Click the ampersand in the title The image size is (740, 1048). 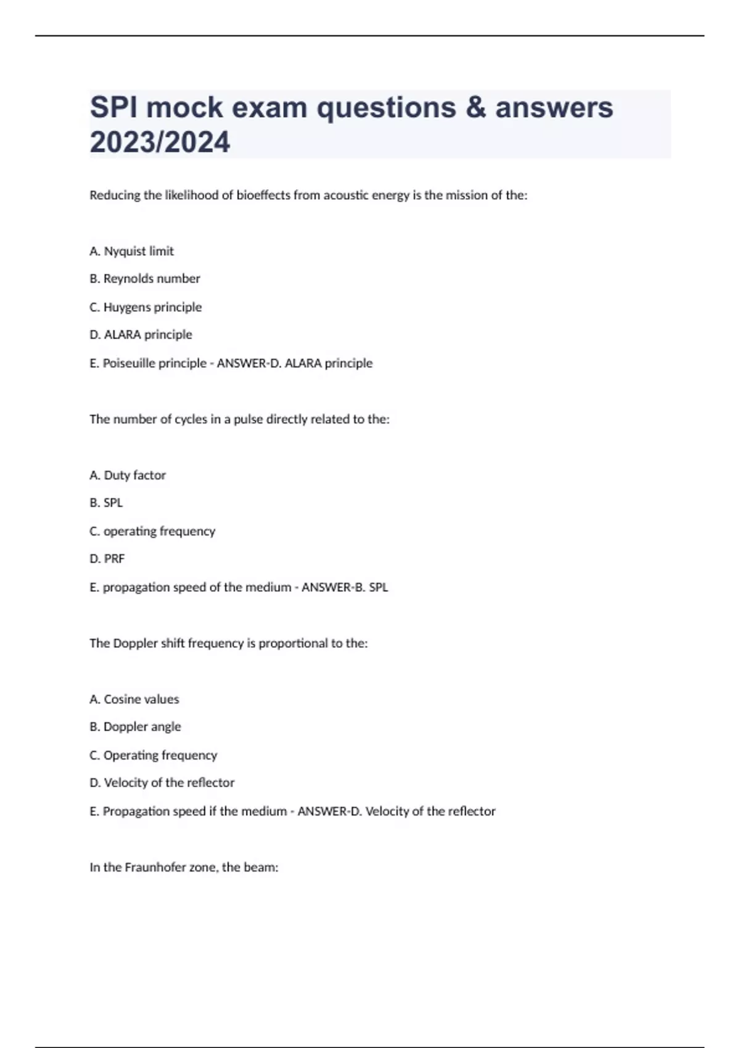click(475, 108)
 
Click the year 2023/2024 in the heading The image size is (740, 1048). click(160, 142)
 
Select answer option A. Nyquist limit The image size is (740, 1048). click(131, 251)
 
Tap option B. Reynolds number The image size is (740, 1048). click(145, 279)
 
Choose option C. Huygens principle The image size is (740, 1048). click(146, 307)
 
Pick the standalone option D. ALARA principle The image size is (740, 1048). click(141, 335)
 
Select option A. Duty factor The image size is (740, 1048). click(128, 475)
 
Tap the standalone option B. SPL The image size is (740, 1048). click(106, 503)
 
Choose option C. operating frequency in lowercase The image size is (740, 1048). click(152, 531)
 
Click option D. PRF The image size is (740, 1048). click(107, 559)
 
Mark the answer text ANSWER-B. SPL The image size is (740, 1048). click(345, 587)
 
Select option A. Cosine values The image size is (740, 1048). click(134, 699)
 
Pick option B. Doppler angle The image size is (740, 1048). click(135, 727)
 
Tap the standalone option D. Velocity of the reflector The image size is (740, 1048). click(162, 783)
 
